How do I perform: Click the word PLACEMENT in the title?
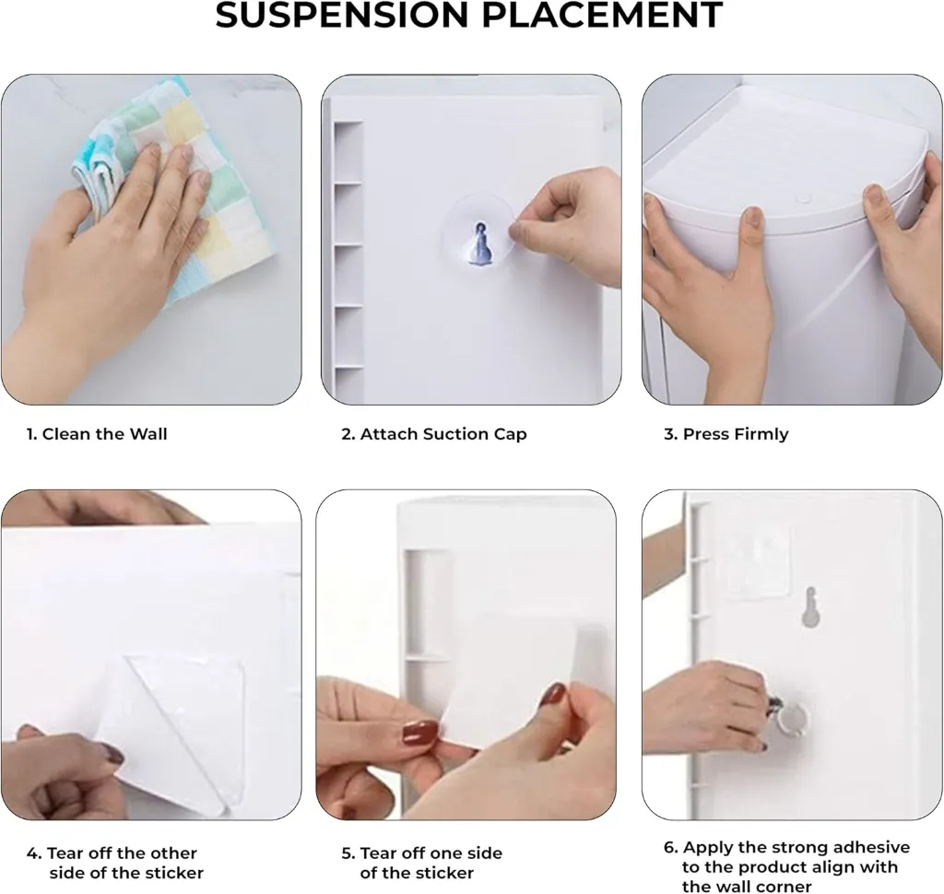click(x=602, y=15)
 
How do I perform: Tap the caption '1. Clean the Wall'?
click(x=96, y=434)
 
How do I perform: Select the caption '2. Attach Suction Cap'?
click(x=433, y=434)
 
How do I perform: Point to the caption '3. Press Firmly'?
click(x=726, y=434)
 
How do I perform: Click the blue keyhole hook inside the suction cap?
click(x=480, y=244)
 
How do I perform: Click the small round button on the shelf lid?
click(x=803, y=198)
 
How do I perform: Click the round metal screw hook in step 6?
click(x=792, y=718)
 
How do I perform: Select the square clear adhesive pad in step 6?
click(x=759, y=563)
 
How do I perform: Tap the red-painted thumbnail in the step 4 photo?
click(x=112, y=753)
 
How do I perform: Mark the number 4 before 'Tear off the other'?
click(x=31, y=853)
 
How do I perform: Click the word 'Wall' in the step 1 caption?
click(x=148, y=434)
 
